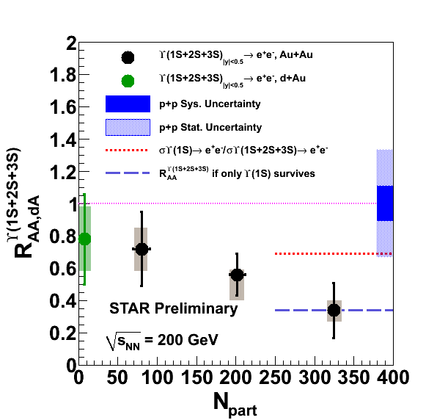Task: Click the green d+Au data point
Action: pos(85,239)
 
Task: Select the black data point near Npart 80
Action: pos(142,249)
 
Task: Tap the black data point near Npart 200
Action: pos(237,275)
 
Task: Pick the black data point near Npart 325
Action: pos(334,310)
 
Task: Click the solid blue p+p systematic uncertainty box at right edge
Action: pos(385,203)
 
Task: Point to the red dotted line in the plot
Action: pos(334,253)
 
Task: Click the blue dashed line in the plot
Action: pos(334,310)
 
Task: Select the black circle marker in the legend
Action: pos(128,57)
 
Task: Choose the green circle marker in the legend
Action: pos(128,81)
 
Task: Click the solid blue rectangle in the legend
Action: pos(128,104)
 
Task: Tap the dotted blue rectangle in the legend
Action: pos(128,128)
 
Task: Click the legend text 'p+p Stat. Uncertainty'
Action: pos(210,128)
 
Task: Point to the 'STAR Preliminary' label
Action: pos(173,308)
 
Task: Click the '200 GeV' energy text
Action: pos(188,340)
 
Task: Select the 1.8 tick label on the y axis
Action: pos(63,75)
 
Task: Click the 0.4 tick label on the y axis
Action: pos(63,301)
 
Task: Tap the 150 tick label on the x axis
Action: pos(197,377)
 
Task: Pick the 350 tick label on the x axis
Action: pos(354,377)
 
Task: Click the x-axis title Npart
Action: pos(235,404)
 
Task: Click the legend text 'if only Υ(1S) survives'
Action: pos(264,173)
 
